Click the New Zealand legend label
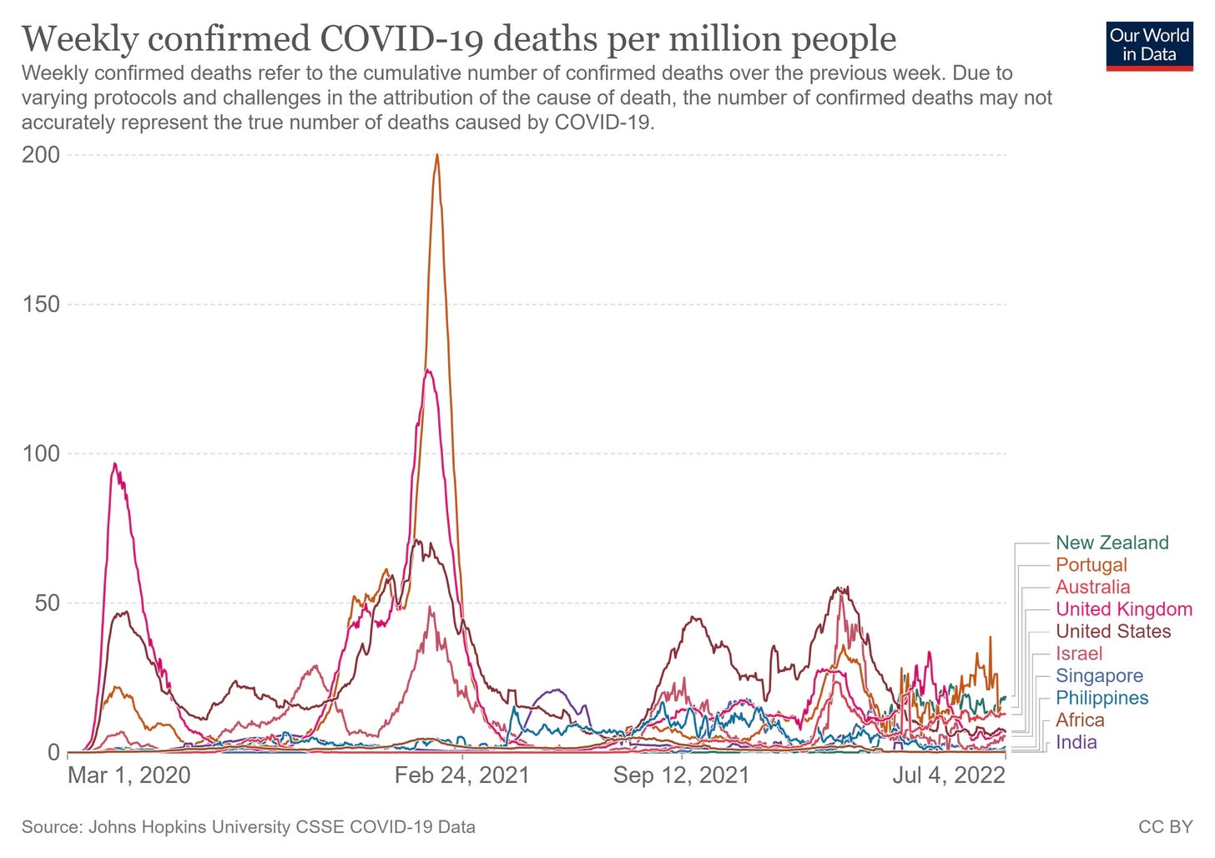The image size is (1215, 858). click(1112, 543)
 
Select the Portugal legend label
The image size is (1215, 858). click(1091, 565)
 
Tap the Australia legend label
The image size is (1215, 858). click(1092, 587)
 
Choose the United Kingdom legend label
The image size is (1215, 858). click(1123, 609)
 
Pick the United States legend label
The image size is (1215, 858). click(1113, 632)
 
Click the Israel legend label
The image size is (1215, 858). click(1078, 654)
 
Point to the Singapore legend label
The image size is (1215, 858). click(1099, 676)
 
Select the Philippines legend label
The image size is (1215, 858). click(1102, 698)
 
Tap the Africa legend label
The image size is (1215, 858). click(1080, 720)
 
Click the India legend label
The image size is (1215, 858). click(1076, 742)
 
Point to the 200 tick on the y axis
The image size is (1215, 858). click(41, 155)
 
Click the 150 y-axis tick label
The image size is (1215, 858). click(41, 305)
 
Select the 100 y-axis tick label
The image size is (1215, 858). click(41, 454)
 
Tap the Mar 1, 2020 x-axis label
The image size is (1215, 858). click(129, 775)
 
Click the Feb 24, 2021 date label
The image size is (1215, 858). click(461, 775)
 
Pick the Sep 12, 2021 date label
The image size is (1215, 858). click(681, 775)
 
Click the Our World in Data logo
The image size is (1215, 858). click(1149, 45)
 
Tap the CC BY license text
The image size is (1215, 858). click(1165, 827)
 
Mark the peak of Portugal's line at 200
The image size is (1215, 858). click(436, 155)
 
